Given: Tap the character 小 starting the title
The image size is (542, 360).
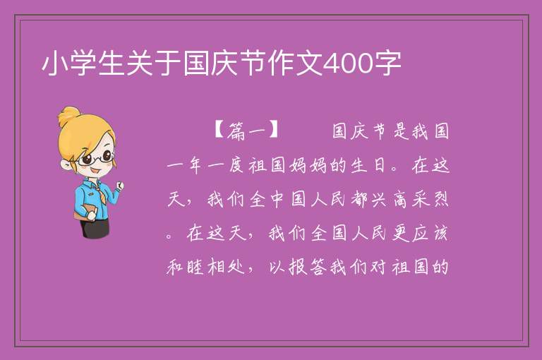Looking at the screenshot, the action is click(55, 64).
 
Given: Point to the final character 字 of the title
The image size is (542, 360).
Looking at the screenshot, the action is click(387, 64).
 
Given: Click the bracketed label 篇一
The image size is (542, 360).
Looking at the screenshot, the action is click(246, 131).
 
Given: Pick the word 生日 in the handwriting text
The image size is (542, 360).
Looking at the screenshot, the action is click(368, 165).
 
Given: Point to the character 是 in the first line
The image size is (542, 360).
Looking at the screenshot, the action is click(401, 131).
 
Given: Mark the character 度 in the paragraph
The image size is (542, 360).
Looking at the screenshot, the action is click(236, 165).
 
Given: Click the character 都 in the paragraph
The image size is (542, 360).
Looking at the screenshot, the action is click(359, 200).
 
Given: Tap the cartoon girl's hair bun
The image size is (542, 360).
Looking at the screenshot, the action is click(68, 116).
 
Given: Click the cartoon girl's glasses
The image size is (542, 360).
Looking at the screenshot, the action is click(96, 158).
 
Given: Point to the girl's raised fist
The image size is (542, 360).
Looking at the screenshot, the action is click(120, 186).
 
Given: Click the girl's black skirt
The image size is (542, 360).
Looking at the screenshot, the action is click(95, 228).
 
